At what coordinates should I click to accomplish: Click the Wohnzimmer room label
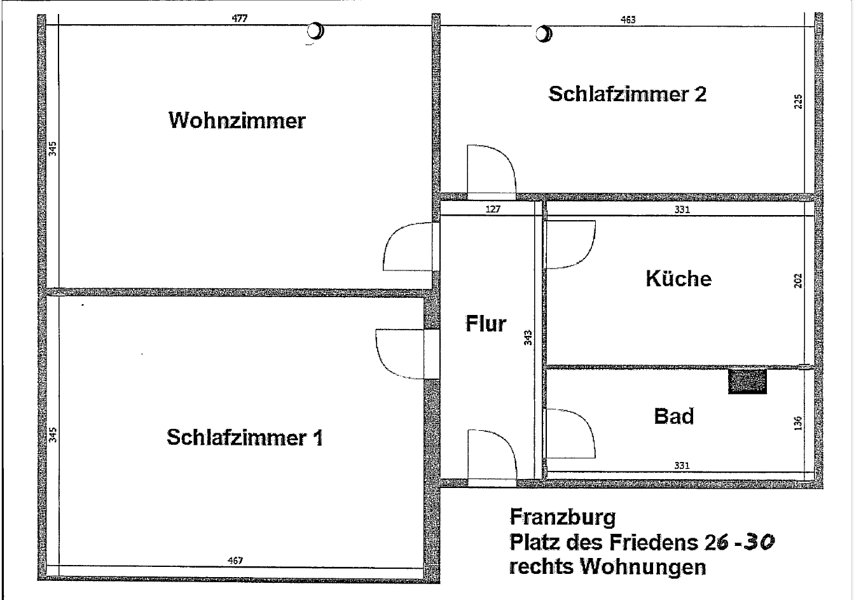pyautogui.click(x=237, y=120)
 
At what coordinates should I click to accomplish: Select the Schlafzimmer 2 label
pyautogui.click(x=627, y=95)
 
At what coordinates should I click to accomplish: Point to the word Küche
pyautogui.click(x=678, y=279)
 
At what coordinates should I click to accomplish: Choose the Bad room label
pyautogui.click(x=674, y=417)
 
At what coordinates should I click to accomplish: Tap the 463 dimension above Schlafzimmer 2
pyautogui.click(x=628, y=19)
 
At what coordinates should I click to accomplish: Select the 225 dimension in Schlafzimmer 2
pyautogui.click(x=799, y=102)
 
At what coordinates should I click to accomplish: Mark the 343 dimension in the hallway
pyautogui.click(x=527, y=337)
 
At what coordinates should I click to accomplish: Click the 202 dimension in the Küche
pyautogui.click(x=799, y=281)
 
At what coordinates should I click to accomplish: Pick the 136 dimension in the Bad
pyautogui.click(x=799, y=422)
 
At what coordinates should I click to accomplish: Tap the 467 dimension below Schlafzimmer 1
pyautogui.click(x=236, y=560)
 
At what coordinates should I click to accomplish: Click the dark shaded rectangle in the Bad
pyautogui.click(x=747, y=381)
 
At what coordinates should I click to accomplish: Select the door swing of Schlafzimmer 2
pyautogui.click(x=490, y=169)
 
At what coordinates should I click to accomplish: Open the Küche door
pyautogui.click(x=571, y=244)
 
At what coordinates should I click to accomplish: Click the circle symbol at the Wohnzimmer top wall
pyautogui.click(x=315, y=31)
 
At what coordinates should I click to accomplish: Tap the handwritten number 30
pyautogui.click(x=761, y=541)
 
